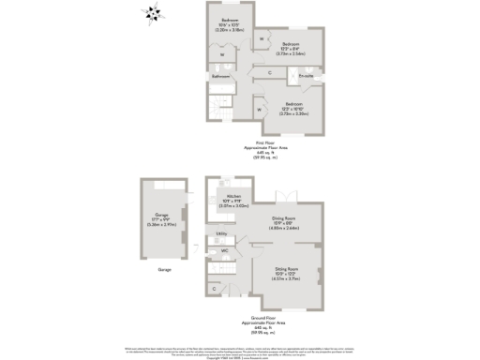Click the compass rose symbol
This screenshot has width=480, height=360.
pyautogui.click(x=152, y=13)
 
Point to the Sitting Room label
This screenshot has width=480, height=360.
pyautogui.click(x=286, y=276)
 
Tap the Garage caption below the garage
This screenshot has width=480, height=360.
pyautogui.click(x=164, y=269)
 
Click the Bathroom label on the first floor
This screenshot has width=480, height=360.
pyautogui.click(x=220, y=76)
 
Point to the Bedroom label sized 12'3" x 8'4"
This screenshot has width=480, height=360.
pyautogui.click(x=292, y=49)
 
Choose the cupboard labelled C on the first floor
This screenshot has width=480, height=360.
pyautogui.click(x=270, y=72)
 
